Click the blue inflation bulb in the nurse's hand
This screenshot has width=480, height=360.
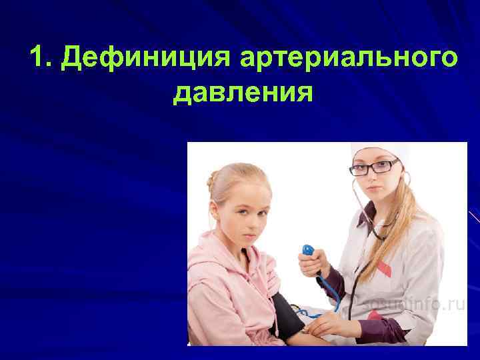click(x=308, y=251)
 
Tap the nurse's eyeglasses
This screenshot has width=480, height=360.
click(x=374, y=167)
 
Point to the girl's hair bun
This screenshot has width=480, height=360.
click(x=212, y=180)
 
